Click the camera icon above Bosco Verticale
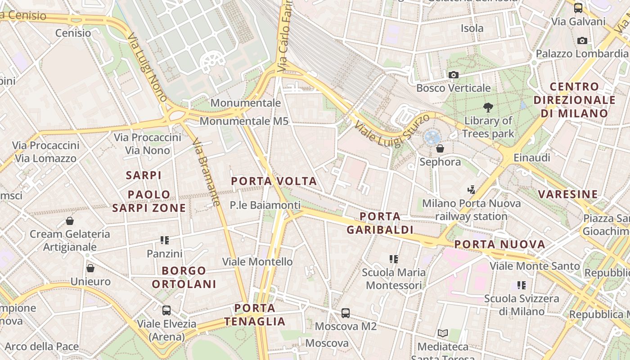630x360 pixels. [453, 75]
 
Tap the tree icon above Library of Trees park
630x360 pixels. [488, 108]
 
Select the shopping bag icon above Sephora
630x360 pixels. [440, 148]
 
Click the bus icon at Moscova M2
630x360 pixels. [346, 313]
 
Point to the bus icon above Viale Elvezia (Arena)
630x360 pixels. [166, 310]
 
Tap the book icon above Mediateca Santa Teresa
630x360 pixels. [443, 333]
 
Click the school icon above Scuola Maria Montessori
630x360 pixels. [394, 259]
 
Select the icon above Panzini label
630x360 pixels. [164, 240]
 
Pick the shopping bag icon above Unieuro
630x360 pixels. [90, 268]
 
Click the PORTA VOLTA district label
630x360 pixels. [274, 181]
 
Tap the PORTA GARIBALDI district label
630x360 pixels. [380, 223]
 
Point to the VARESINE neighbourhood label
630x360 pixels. [568, 194]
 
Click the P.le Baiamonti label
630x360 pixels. [265, 205]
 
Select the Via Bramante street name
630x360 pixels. [206, 172]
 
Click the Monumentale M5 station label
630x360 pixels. [244, 121]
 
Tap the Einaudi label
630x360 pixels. [532, 158]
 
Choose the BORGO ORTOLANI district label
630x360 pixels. [184, 277]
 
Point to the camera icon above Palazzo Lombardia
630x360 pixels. [582, 41]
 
